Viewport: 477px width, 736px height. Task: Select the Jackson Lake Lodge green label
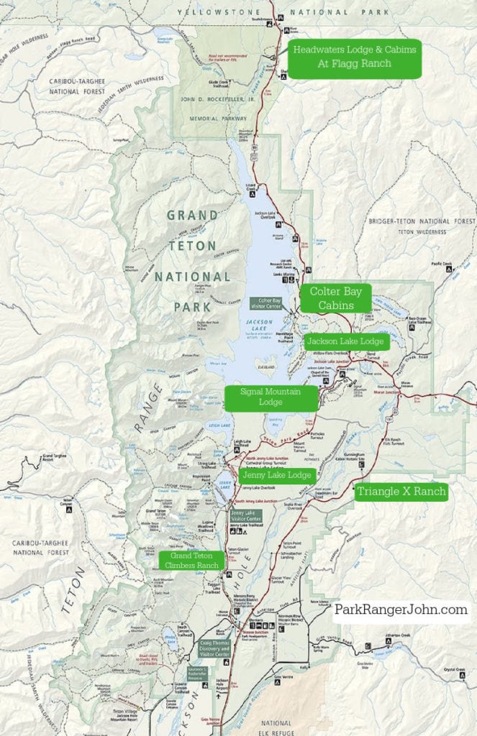(345, 341)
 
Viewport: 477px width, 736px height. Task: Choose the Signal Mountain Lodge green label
(271, 397)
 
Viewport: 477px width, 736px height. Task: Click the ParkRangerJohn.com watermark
(401, 609)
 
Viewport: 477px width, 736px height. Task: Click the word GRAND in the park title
(192, 216)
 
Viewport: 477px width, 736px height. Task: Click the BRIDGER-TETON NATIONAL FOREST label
(421, 221)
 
